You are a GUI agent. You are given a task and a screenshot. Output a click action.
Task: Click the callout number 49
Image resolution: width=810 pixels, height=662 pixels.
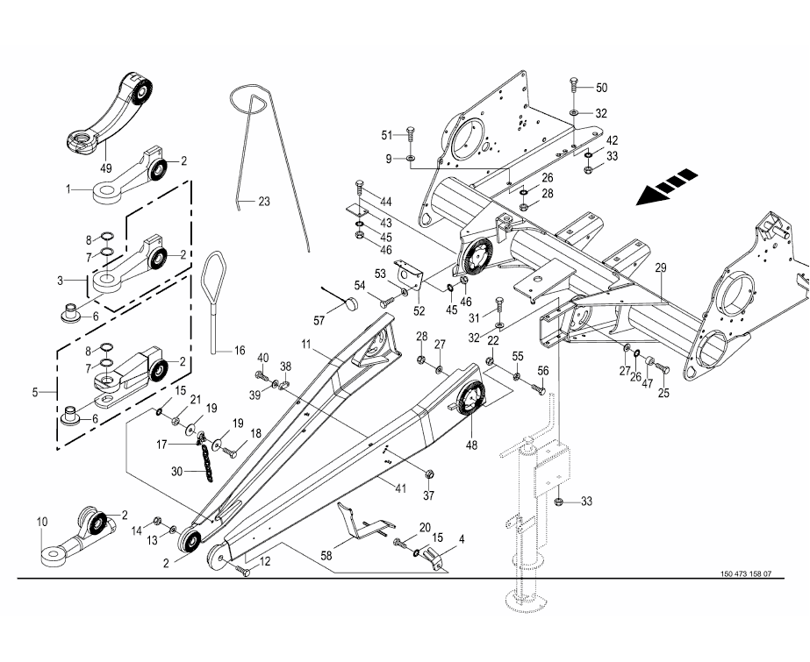[106, 167]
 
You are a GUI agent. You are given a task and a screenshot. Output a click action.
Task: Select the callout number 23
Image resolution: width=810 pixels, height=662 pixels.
[264, 202]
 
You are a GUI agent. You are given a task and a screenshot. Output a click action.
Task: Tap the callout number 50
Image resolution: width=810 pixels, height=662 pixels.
[601, 88]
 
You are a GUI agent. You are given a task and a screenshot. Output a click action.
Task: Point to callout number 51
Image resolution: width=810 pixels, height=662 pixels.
[387, 134]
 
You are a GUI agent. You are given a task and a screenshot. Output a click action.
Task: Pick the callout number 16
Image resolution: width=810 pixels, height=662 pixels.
[240, 350]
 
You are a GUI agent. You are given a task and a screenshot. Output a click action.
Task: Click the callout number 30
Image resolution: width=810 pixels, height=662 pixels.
[176, 471]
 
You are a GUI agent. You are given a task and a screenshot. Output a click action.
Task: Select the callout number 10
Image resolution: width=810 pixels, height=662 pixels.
[41, 523]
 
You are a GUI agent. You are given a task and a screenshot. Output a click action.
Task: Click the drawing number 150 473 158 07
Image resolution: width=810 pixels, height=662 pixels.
[745, 574]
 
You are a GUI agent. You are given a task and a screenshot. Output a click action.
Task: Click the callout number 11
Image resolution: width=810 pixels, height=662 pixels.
[308, 345]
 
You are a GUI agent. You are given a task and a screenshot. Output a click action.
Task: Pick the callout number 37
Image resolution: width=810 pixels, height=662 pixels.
[429, 496]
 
